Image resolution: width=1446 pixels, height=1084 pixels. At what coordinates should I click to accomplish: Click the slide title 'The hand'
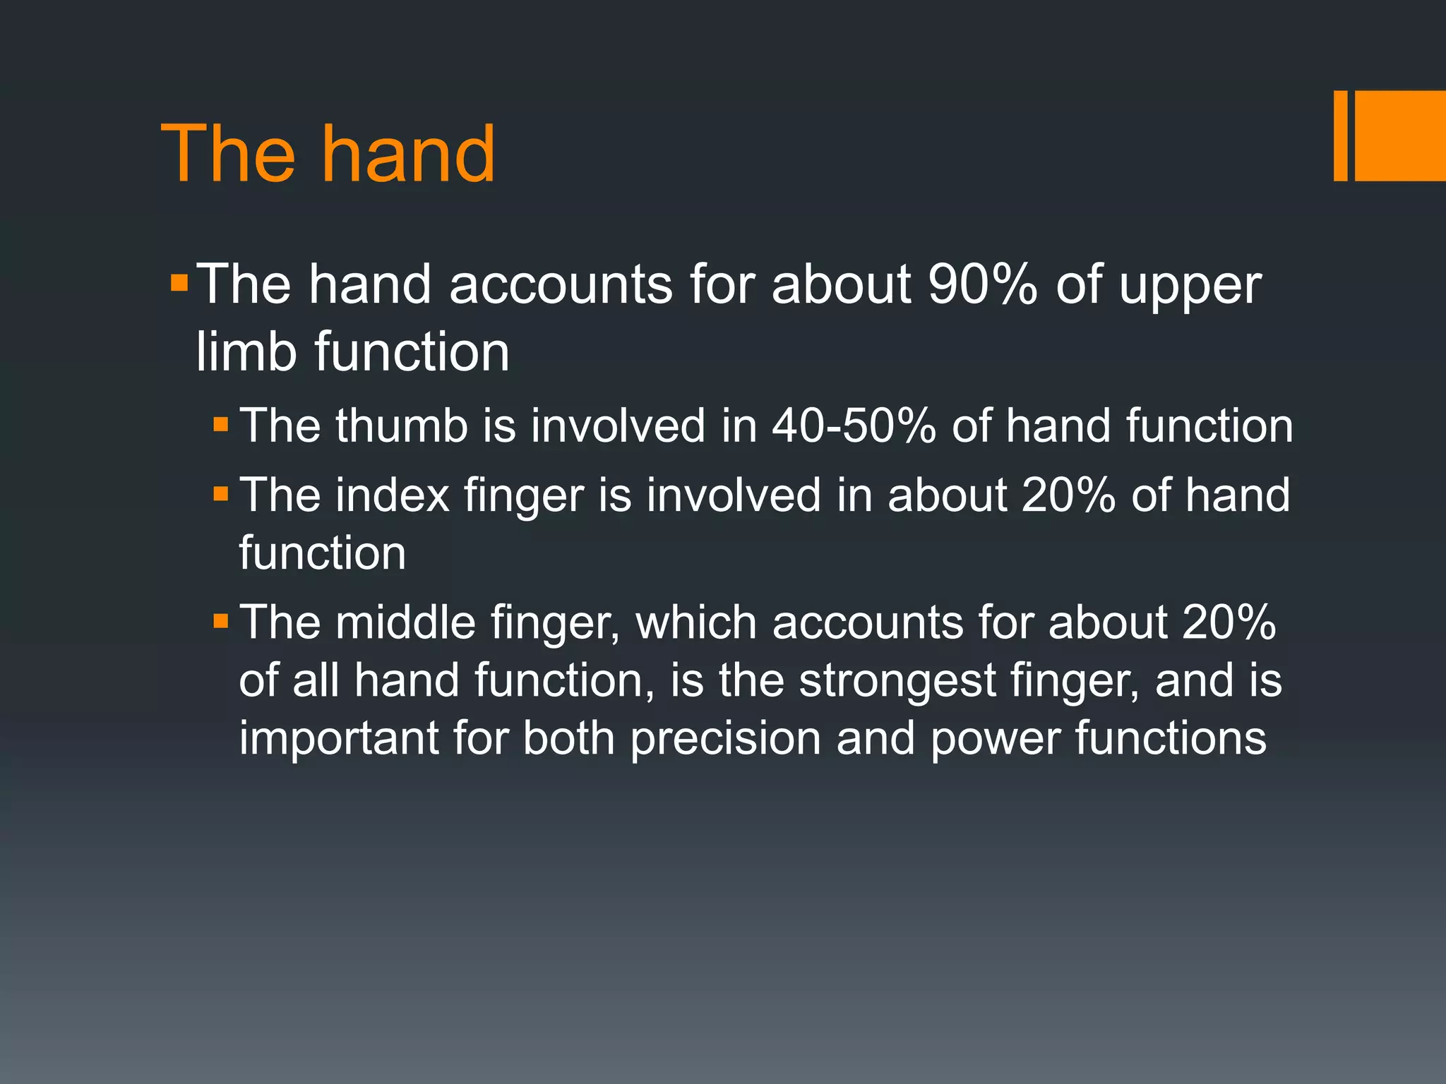point(328,154)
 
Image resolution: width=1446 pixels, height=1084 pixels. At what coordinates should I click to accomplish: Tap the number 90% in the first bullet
point(982,284)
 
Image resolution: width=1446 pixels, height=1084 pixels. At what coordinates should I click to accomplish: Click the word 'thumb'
point(401,426)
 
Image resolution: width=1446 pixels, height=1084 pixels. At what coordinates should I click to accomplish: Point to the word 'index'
point(393,495)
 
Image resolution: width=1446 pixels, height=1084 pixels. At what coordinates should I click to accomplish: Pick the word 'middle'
point(405,622)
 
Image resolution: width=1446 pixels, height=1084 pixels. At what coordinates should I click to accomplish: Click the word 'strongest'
point(897,680)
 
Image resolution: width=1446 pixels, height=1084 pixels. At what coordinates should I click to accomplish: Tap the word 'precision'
point(725,739)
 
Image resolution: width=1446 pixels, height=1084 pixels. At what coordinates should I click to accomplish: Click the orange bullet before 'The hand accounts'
point(179,283)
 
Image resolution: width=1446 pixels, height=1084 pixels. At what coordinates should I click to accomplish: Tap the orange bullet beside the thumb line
point(221,424)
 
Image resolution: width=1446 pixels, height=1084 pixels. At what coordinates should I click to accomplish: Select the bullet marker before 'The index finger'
point(221,493)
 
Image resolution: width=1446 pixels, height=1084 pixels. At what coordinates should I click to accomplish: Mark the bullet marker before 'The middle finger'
point(221,621)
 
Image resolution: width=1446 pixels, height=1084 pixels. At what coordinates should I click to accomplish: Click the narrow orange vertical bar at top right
point(1340,135)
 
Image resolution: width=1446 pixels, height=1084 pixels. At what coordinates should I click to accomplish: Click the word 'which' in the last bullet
point(694,622)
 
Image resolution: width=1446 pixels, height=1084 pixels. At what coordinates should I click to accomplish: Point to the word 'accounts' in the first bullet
point(561,284)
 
